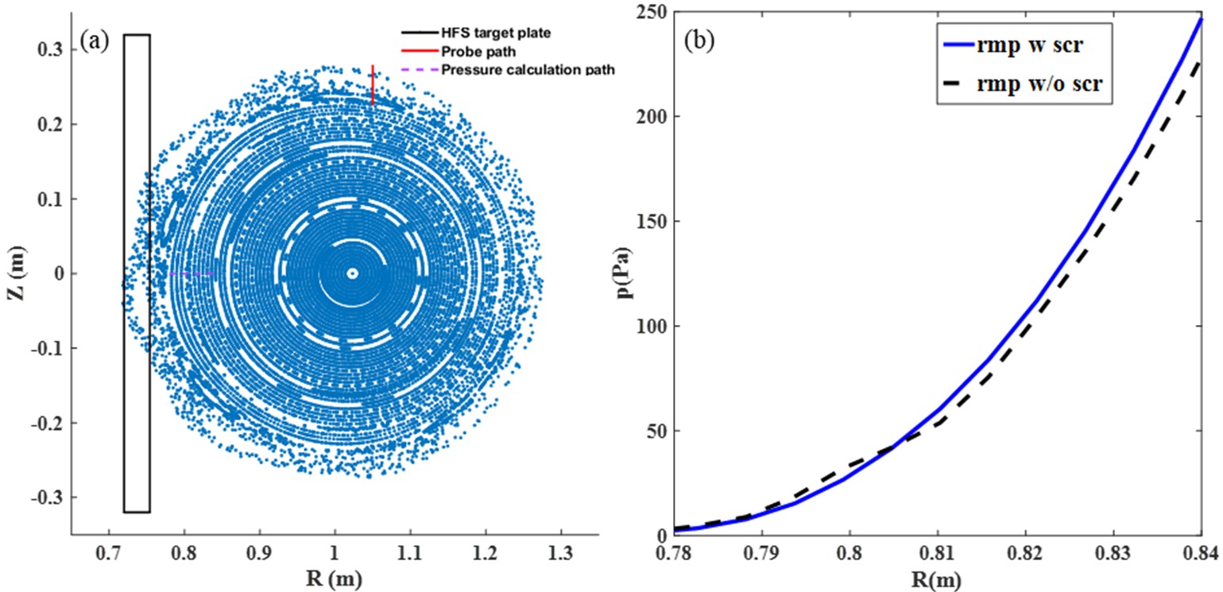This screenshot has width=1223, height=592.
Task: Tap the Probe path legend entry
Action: [473, 52]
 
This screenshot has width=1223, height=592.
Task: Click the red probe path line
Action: [373, 85]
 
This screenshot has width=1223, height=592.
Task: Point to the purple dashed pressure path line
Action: [192, 273]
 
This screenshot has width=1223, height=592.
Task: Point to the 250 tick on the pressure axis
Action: [652, 14]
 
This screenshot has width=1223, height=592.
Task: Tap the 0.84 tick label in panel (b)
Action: [1200, 549]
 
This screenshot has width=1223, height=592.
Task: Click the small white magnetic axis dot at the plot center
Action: [353, 273]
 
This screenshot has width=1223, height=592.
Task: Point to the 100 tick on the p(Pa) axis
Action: [652, 327]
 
